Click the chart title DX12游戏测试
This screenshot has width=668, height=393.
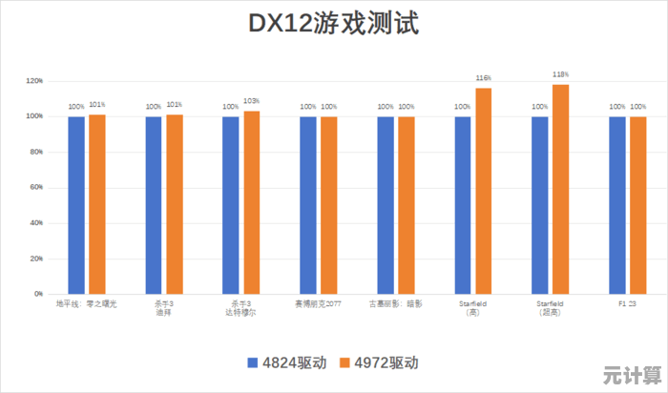333,23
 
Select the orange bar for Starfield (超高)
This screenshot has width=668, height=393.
560,189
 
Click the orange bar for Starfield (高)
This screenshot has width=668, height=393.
483,191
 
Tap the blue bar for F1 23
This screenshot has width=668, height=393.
617,205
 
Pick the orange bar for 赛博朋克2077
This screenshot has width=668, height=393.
328,205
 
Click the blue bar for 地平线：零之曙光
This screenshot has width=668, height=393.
76,205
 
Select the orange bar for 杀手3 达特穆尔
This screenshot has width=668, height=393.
251,202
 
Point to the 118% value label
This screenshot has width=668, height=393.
560,74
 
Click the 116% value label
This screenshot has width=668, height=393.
483,78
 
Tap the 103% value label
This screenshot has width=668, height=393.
251,101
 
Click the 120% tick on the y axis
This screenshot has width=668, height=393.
34,81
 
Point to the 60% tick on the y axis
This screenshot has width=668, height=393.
36,188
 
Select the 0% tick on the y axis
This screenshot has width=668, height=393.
38,294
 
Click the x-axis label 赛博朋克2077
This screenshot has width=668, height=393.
318,303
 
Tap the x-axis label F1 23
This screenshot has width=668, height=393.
627,303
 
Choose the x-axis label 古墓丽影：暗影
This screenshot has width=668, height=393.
395,303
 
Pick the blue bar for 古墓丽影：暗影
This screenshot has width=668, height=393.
386,205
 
